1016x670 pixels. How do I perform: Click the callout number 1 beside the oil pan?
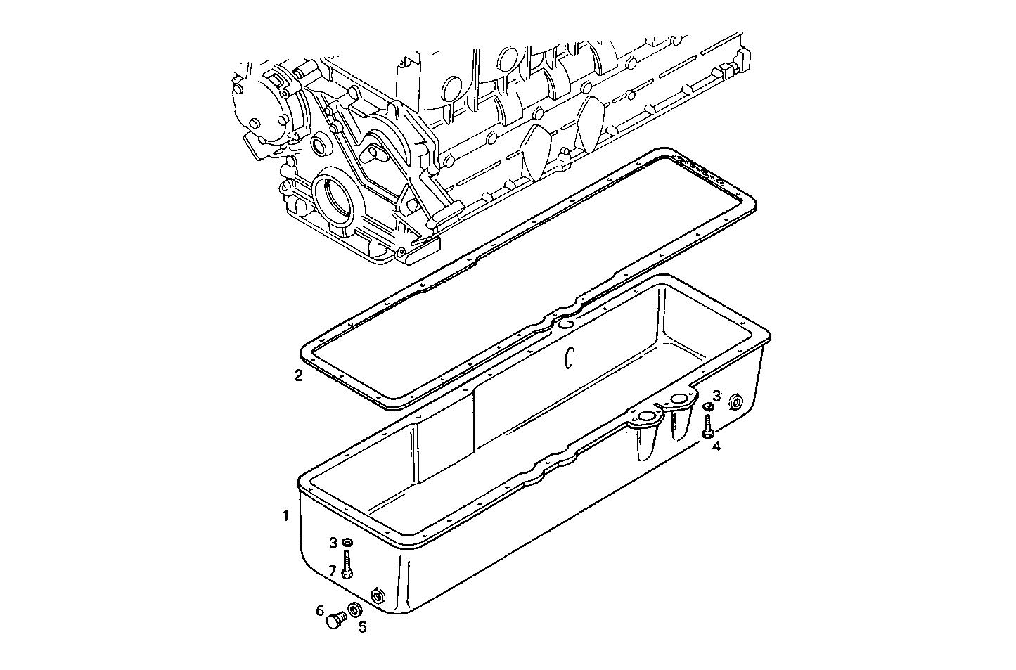[x=285, y=516]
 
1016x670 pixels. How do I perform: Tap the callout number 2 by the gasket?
[x=299, y=375]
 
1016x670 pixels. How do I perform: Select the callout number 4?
[x=716, y=446]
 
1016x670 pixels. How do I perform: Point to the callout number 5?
[x=363, y=628]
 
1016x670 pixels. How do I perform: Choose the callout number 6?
[x=319, y=610]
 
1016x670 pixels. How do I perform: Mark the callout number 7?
[x=333, y=571]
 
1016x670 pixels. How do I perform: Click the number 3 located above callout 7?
[x=333, y=543]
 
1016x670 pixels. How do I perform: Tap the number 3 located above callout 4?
[x=716, y=396]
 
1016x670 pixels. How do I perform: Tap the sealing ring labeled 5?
[x=356, y=609]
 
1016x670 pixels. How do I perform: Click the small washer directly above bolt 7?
[x=347, y=543]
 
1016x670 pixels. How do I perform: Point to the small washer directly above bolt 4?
[x=709, y=406]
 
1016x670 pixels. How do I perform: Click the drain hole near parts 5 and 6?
[x=378, y=596]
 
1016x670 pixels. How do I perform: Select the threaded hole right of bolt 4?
[x=736, y=403]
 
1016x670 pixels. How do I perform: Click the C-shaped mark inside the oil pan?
[x=570, y=358]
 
